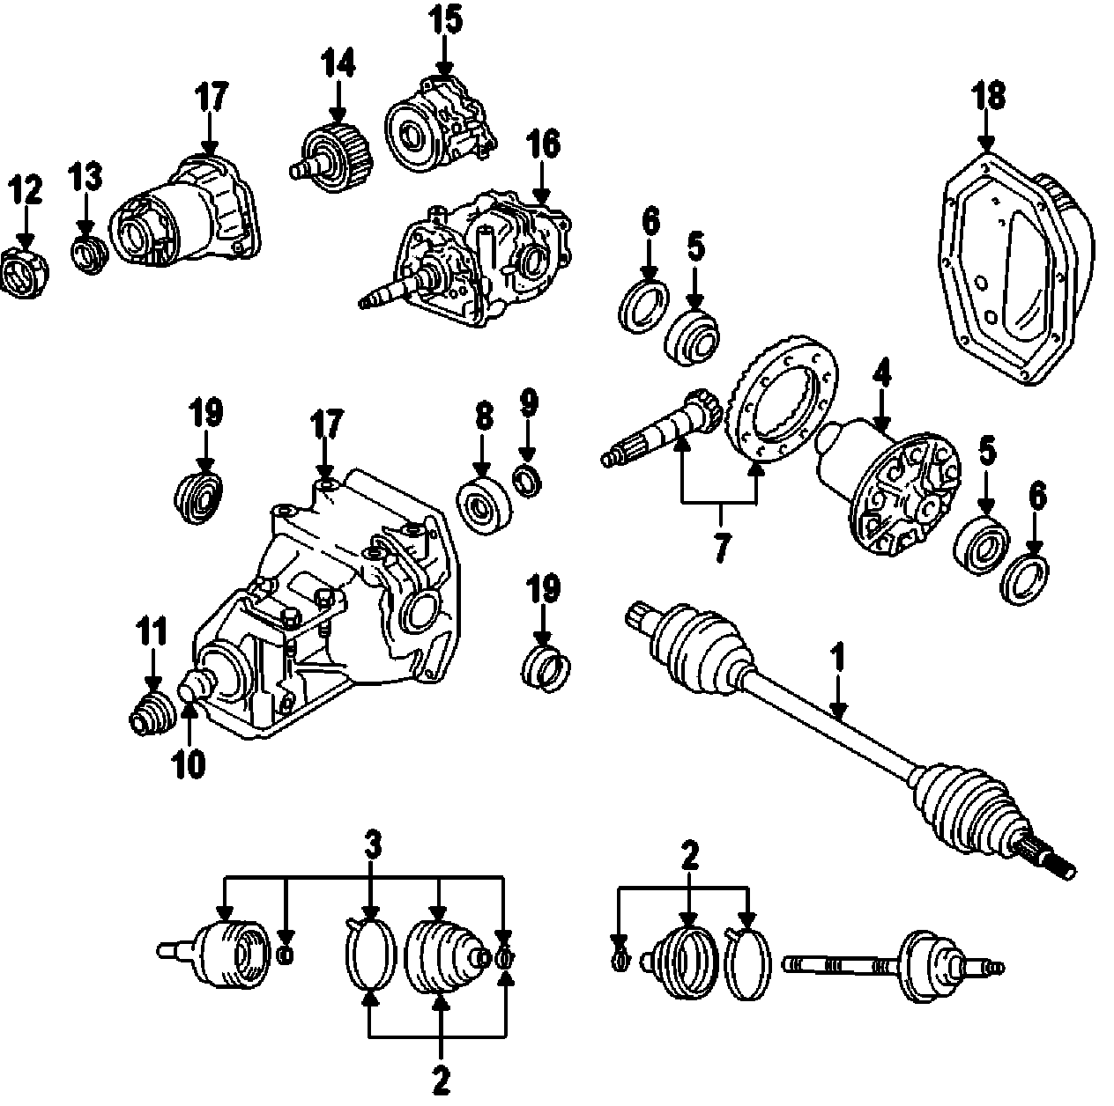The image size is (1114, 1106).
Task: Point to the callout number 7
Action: [x=720, y=548]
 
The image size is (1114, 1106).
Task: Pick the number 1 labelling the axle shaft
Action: [x=838, y=658]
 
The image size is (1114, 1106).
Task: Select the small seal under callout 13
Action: [x=88, y=254]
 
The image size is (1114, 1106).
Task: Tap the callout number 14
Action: [x=338, y=63]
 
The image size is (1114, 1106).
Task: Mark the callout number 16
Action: [x=544, y=144]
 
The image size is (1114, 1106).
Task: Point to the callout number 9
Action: [x=527, y=404]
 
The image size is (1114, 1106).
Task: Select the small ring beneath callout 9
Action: [x=528, y=481]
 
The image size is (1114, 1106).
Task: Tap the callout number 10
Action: [x=189, y=763]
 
